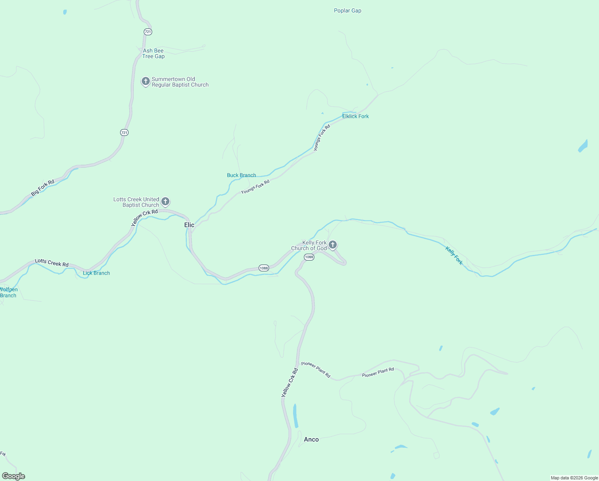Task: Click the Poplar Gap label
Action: point(348,11)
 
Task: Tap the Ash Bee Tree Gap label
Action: point(153,54)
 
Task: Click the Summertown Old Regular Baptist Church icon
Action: point(146,81)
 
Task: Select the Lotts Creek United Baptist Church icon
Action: point(165,202)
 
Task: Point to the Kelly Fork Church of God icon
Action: point(332,245)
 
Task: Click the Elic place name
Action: point(189,225)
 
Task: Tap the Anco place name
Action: point(311,440)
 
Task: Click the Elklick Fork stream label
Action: point(355,116)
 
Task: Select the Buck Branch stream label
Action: point(241,175)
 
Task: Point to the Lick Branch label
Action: point(96,273)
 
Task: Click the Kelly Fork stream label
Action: point(454,256)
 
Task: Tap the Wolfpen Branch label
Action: point(8,293)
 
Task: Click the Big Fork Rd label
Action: point(42,188)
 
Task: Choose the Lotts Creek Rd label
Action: point(52,263)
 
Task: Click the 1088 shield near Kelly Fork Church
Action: point(309,257)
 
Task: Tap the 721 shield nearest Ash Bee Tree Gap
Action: point(148,32)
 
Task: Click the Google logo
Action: point(14,476)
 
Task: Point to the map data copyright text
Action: point(574,478)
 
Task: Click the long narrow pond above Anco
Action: point(295,416)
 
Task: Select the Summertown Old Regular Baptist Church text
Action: point(180,82)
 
